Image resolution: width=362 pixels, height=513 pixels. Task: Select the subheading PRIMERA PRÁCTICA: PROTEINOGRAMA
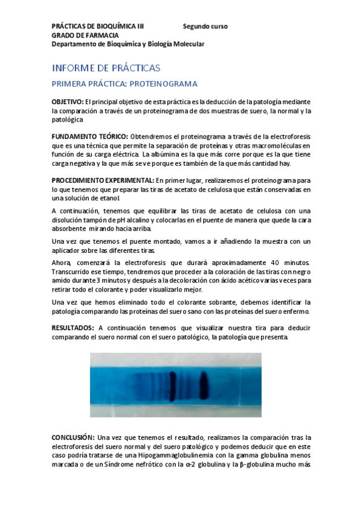pyautogui.click(x=124, y=83)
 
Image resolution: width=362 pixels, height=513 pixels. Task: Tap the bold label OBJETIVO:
pyautogui.click(x=67, y=102)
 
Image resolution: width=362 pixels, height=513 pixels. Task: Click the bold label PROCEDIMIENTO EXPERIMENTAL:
pyautogui.click(x=103, y=180)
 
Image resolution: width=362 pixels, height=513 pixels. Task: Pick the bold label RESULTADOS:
pyautogui.click(x=73, y=328)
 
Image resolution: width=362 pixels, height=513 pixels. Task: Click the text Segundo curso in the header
pyautogui.click(x=205, y=27)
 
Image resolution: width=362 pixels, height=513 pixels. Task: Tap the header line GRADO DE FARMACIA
pyautogui.click(x=85, y=35)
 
